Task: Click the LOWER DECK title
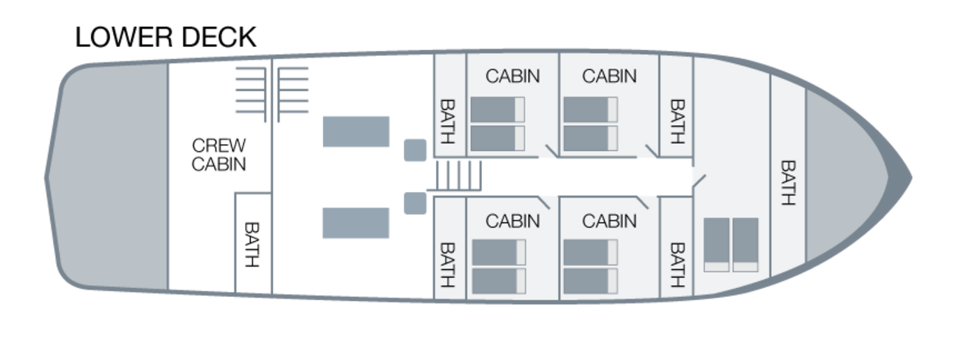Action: [166, 38]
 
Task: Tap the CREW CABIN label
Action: [219, 154]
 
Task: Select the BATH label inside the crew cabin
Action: [252, 244]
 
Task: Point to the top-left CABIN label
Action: [512, 76]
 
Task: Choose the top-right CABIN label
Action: [609, 76]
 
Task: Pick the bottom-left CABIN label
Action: [512, 221]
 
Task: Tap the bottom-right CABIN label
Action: [609, 221]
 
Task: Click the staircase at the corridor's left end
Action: [460, 175]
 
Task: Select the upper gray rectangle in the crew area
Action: [356, 131]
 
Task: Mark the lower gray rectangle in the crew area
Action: [356, 223]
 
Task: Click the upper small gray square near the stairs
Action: [416, 149]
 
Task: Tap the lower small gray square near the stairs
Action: [416, 203]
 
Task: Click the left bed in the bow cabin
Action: [717, 244]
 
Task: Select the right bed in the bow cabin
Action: [745, 244]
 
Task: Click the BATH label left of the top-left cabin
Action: [448, 121]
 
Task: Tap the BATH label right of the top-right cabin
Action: [676, 121]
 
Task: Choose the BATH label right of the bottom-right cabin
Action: [676, 264]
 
